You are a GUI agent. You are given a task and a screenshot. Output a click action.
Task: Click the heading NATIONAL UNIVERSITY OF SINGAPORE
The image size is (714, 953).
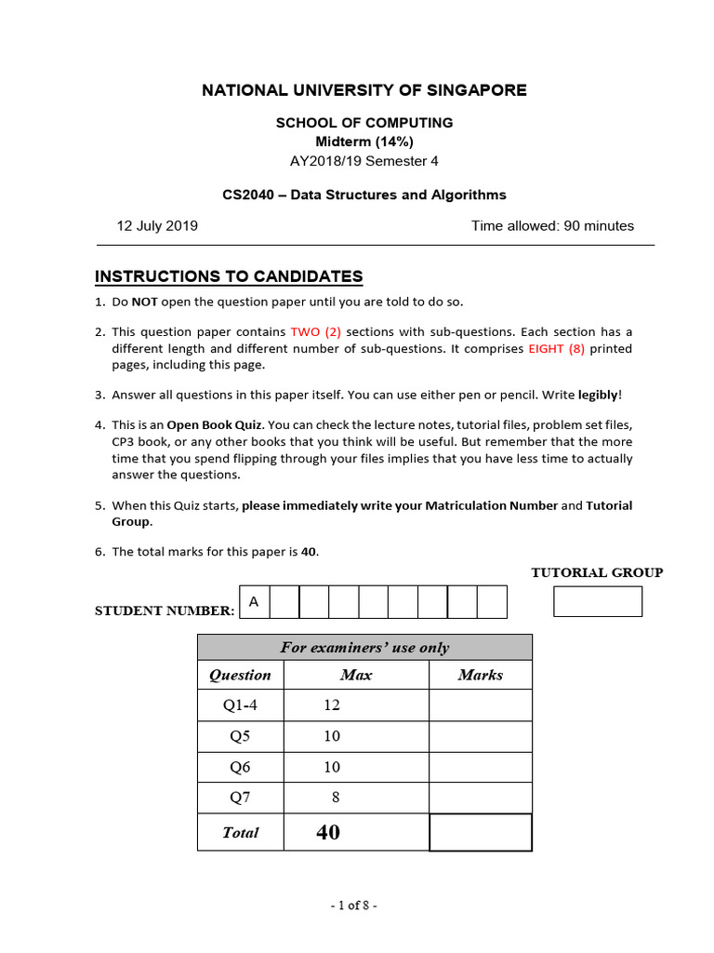(x=364, y=90)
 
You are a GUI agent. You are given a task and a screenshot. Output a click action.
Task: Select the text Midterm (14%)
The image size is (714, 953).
(x=364, y=141)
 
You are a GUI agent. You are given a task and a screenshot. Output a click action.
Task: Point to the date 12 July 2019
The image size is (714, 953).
(x=157, y=226)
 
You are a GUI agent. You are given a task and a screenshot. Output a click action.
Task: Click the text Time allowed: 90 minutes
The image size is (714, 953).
(x=552, y=226)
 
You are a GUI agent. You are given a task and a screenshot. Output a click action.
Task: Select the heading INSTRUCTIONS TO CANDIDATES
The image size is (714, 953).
(x=229, y=276)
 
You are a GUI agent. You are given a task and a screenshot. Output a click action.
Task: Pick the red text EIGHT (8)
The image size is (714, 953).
(x=556, y=349)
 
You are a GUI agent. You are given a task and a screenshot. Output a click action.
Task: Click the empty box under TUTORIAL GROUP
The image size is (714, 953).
(x=597, y=601)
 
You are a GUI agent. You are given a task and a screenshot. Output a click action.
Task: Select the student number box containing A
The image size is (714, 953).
(x=254, y=602)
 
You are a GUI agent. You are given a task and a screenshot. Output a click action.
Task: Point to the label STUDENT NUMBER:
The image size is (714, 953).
(x=165, y=611)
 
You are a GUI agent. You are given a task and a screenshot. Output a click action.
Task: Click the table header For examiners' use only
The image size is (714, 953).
(x=364, y=648)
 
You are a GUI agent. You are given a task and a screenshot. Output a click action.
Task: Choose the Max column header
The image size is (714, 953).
(x=356, y=676)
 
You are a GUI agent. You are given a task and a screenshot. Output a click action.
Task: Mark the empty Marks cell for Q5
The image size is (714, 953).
(x=480, y=736)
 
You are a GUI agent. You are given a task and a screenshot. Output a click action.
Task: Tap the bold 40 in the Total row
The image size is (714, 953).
(x=328, y=832)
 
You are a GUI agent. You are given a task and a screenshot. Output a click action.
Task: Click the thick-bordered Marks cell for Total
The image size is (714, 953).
(x=480, y=832)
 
